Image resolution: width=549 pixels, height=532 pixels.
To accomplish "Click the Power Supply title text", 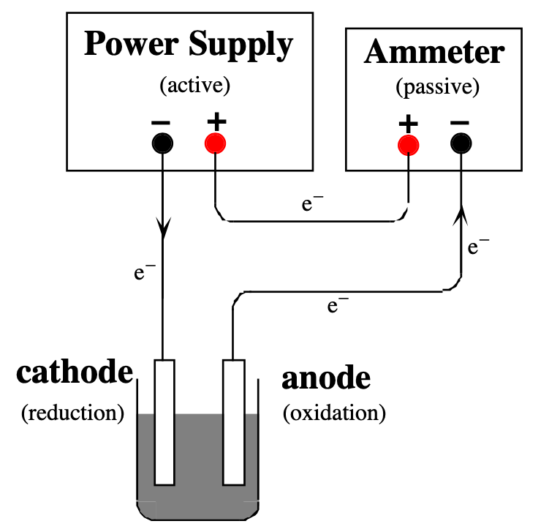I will point(188,45).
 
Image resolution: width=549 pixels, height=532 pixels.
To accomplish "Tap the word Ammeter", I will point(434,53).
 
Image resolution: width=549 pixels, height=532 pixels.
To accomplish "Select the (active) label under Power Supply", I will point(194,86).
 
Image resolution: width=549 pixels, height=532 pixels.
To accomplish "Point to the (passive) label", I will point(437,89).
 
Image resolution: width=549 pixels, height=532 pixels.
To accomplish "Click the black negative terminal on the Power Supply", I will point(162,143).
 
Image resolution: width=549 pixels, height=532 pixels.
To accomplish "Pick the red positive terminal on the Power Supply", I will point(215,143).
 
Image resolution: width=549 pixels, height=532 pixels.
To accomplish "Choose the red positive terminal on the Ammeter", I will point(408,144).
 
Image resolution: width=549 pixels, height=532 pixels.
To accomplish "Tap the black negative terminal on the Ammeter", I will point(461,144).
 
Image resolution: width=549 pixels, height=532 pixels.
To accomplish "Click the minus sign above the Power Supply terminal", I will point(162,121).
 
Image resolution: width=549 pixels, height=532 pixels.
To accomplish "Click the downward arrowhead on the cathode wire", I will point(163,229).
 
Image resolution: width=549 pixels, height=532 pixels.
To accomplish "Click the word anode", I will point(326,378).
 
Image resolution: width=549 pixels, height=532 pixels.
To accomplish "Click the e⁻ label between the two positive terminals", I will point(312,203).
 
